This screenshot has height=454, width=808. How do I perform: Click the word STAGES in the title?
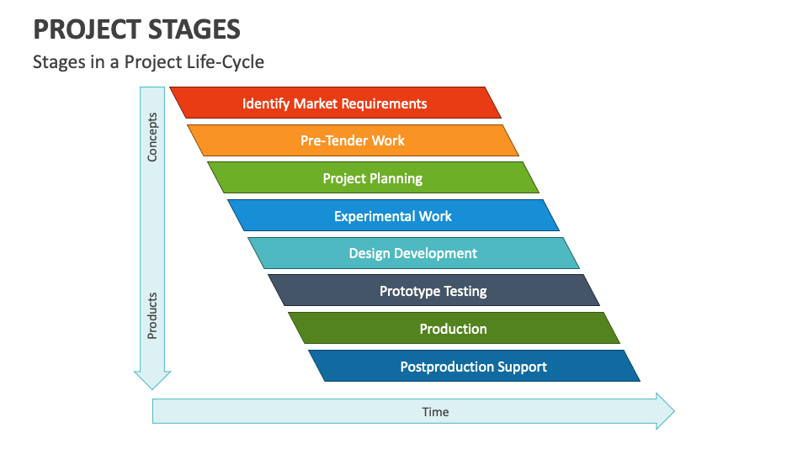(x=192, y=29)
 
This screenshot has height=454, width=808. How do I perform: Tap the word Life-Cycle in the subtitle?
(x=228, y=62)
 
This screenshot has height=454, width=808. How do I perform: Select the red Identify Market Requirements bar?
(x=335, y=103)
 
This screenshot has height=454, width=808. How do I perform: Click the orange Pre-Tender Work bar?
(x=353, y=140)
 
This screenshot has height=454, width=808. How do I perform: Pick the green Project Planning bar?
(x=373, y=178)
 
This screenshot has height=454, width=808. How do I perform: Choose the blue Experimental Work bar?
(x=393, y=216)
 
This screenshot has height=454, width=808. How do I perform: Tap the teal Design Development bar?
(x=413, y=253)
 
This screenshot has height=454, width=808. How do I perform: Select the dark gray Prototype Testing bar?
(x=433, y=291)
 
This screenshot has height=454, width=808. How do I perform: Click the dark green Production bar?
(x=454, y=329)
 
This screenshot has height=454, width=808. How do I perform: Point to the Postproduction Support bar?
(x=474, y=367)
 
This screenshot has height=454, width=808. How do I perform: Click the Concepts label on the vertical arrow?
(x=152, y=136)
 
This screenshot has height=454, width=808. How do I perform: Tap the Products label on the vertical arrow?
(x=152, y=316)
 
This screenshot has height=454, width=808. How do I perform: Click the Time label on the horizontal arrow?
(x=435, y=412)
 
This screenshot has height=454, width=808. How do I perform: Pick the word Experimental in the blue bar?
(x=372, y=216)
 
